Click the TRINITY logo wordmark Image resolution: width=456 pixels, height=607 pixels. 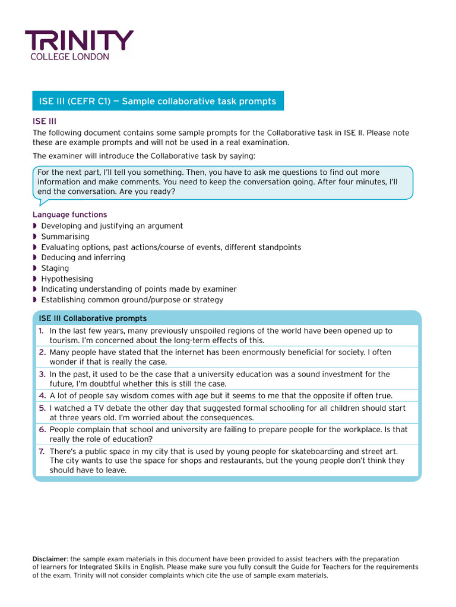tap(79, 41)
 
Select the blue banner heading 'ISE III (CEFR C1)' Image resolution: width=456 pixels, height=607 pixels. tap(157, 101)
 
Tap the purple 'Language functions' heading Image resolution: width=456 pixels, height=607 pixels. tap(69, 215)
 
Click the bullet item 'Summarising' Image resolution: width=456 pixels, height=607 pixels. tap(65, 237)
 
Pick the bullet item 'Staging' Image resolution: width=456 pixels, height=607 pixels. tap(55, 268)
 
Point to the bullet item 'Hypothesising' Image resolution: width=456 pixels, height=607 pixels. tap(66, 279)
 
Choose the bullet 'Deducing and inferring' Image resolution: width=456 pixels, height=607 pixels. tap(83, 257)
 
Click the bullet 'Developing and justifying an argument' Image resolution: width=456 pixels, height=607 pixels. tap(112, 226)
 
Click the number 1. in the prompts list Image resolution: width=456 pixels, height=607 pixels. tap(42, 331)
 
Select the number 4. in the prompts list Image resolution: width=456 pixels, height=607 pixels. tap(42, 395)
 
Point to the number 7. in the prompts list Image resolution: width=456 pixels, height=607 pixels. tap(42, 451)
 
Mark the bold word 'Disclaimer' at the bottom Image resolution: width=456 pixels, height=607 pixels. tap(50, 559)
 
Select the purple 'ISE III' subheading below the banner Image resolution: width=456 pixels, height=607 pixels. tap(44, 121)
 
